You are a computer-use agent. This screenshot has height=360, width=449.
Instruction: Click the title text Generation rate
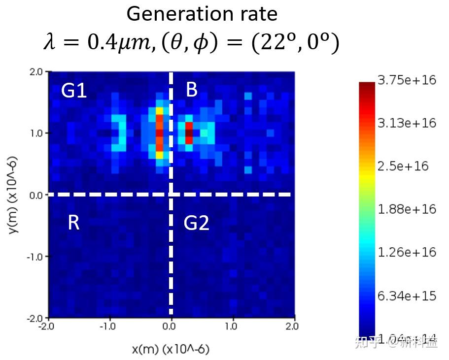202,14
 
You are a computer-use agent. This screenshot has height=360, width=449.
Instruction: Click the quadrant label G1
74,91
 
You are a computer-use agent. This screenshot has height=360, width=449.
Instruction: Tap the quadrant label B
192,90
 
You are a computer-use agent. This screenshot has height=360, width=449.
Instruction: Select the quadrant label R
73,223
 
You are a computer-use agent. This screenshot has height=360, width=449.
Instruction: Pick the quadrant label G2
197,224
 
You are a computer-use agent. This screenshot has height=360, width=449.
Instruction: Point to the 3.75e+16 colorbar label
407,80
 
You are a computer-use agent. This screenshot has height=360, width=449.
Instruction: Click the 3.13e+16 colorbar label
407,123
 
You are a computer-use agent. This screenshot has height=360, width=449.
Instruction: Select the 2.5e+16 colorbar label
403,166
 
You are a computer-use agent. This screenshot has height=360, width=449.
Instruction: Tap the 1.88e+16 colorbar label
407,209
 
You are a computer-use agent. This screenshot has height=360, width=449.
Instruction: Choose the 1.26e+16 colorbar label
407,252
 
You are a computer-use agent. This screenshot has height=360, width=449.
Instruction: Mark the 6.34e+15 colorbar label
407,296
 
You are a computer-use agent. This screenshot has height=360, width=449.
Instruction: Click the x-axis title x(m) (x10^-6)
171,349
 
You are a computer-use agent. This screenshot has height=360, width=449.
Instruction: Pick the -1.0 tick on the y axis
36,257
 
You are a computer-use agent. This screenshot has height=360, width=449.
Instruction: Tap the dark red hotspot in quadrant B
189,132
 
